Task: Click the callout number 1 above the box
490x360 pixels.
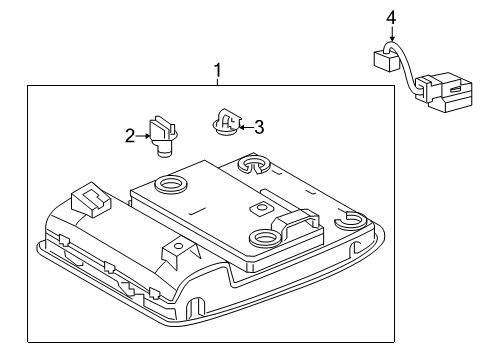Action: (217, 71)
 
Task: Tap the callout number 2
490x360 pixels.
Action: (129, 135)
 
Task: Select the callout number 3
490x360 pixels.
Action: (258, 127)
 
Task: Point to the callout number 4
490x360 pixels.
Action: (391, 17)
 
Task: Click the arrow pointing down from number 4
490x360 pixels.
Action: (391, 36)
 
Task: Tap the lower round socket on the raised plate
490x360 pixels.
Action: (264, 237)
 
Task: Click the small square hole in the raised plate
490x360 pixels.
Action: (259, 206)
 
